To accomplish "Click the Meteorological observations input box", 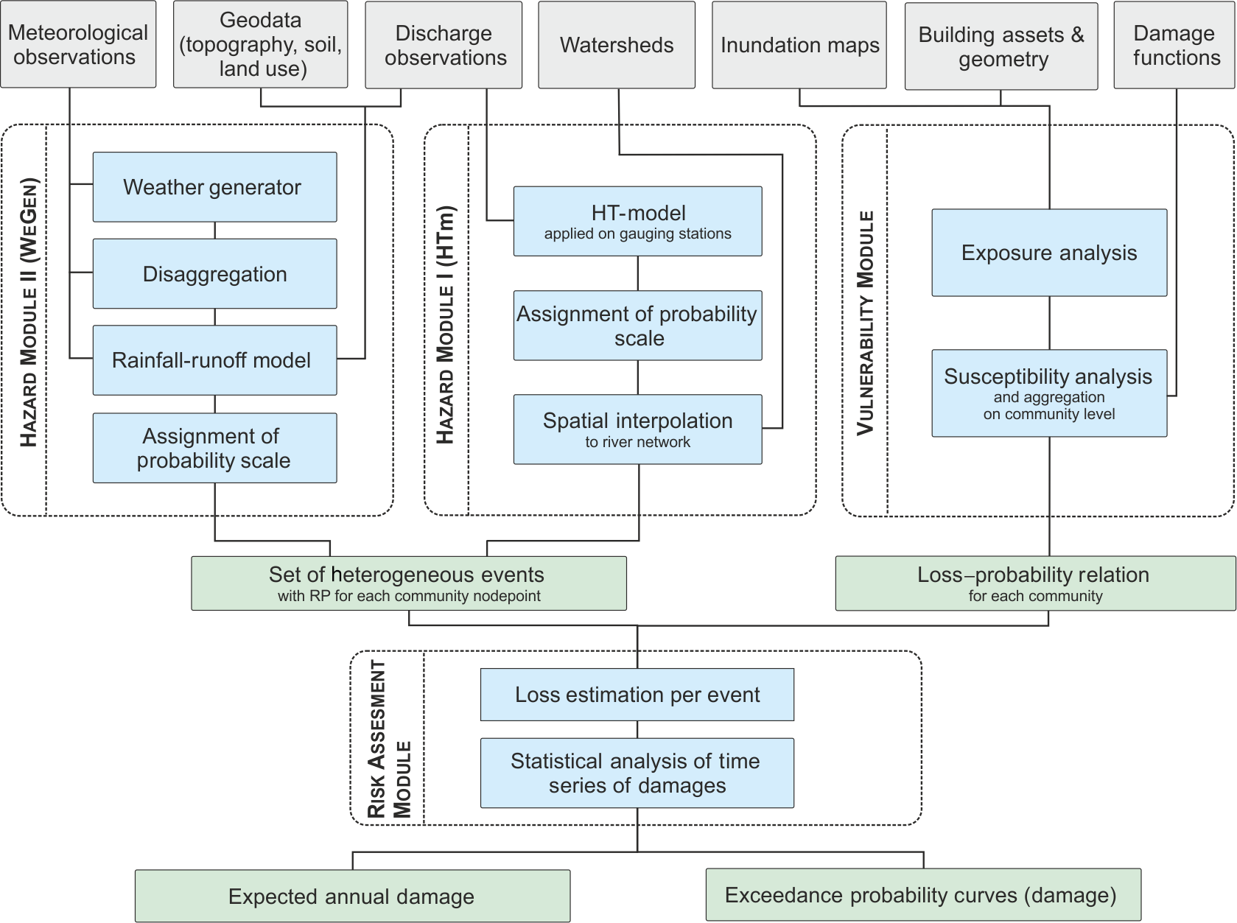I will coord(78,44).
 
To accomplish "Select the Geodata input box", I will coord(260,44).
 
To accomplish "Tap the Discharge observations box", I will coord(444,45).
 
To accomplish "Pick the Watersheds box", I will coord(617,45).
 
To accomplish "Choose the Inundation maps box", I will coord(799,45).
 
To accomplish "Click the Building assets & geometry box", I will coord(1001,46).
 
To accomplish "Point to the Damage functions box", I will coord(1175,45).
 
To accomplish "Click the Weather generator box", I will coord(214,187).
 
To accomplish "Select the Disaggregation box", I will coord(214,273).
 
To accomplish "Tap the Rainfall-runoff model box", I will coord(214,360).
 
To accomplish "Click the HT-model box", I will coord(637,221).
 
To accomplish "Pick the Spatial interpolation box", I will coord(637,429).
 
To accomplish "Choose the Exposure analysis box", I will coord(1049,253).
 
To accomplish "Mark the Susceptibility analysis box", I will coord(1049,393).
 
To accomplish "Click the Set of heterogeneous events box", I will coord(409,583).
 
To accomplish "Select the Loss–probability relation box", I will coord(1035,583).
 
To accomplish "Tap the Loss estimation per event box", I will coord(637,695).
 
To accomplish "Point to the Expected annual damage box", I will coord(352,896).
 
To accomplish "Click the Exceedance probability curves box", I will coord(923,894).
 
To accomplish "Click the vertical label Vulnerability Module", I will coord(866,323).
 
